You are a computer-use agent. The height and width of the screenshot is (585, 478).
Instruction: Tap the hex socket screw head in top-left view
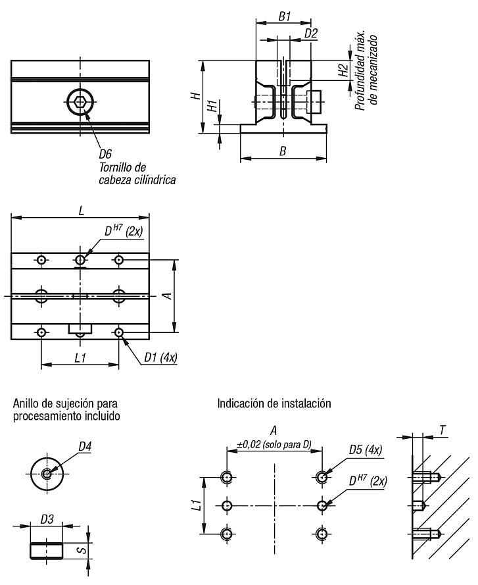click(x=80, y=101)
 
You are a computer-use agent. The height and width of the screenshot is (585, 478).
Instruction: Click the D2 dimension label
click(x=312, y=33)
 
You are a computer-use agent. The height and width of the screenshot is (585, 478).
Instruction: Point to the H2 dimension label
click(x=342, y=70)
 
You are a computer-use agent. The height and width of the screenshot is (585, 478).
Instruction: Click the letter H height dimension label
click(x=195, y=96)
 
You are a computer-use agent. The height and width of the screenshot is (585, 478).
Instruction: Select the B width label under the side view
click(x=283, y=151)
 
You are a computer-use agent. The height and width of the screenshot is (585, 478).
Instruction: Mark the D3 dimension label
click(x=47, y=520)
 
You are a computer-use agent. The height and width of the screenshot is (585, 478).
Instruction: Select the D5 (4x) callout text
click(x=367, y=451)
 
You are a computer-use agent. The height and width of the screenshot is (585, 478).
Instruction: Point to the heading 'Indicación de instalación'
click(x=274, y=402)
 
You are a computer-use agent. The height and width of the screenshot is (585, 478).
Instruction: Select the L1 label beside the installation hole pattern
click(x=195, y=505)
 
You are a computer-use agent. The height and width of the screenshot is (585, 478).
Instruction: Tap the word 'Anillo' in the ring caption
click(x=26, y=403)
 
